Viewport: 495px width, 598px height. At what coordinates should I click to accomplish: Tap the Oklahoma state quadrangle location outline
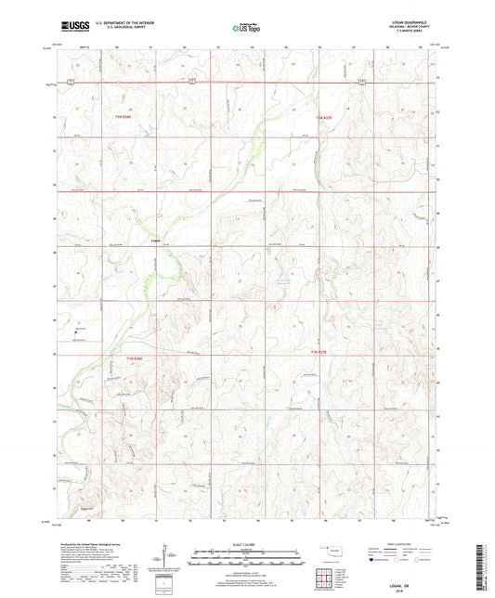pyautogui.click(x=328, y=549)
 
